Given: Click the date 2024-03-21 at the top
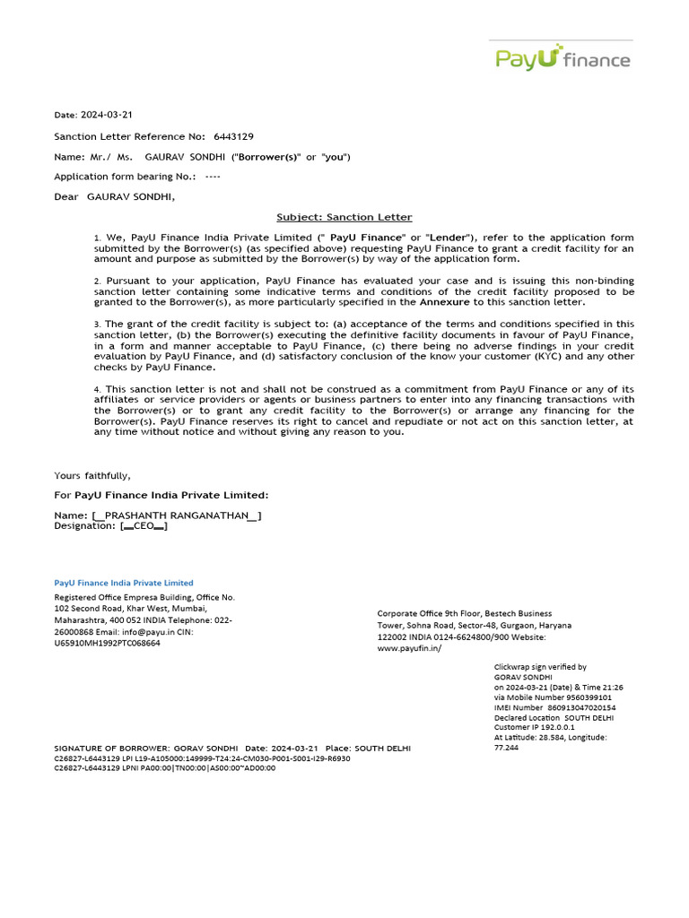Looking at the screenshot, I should [107, 115].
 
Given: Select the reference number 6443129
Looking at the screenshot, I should [233, 136].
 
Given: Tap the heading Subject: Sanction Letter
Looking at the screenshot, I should [344, 217].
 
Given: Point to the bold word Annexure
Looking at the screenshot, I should [444, 302].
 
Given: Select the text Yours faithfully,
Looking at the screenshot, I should [92, 475].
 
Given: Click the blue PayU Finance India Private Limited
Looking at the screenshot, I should [124, 583].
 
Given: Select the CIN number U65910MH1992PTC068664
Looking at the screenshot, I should [108, 643].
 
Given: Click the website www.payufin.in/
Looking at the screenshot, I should [409, 648].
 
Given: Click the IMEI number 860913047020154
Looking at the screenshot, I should [584, 707].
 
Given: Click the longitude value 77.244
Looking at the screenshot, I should [506, 747].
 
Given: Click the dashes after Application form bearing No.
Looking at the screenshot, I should [213, 177].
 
